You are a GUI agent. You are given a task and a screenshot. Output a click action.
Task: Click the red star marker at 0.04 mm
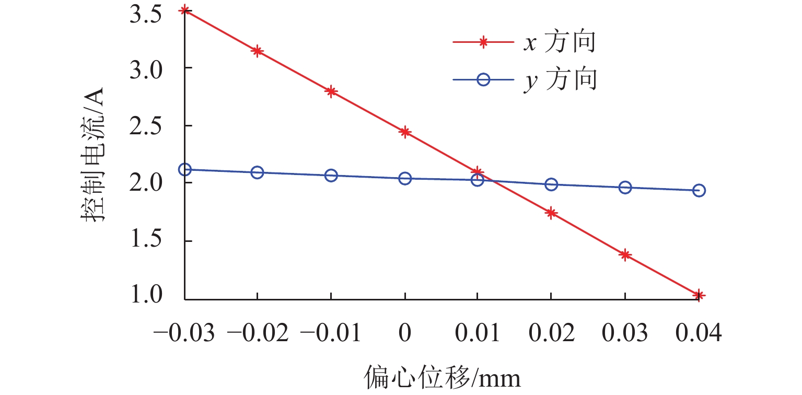click(699, 295)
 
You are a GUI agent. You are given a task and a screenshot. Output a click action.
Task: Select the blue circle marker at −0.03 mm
click(184, 169)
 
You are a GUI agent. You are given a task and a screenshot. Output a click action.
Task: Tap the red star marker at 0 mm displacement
click(405, 132)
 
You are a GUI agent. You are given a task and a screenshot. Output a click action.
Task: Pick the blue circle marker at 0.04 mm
click(699, 191)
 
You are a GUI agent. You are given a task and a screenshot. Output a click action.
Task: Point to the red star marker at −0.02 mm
click(257, 51)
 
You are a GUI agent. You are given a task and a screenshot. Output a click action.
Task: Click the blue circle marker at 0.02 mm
click(551, 184)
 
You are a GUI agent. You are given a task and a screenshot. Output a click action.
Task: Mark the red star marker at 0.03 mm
click(625, 255)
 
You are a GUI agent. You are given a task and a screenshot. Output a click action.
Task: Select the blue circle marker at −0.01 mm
click(331, 176)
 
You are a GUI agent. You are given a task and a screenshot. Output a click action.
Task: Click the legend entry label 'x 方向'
click(559, 43)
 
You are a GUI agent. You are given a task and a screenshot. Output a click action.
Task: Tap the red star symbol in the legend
click(483, 43)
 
